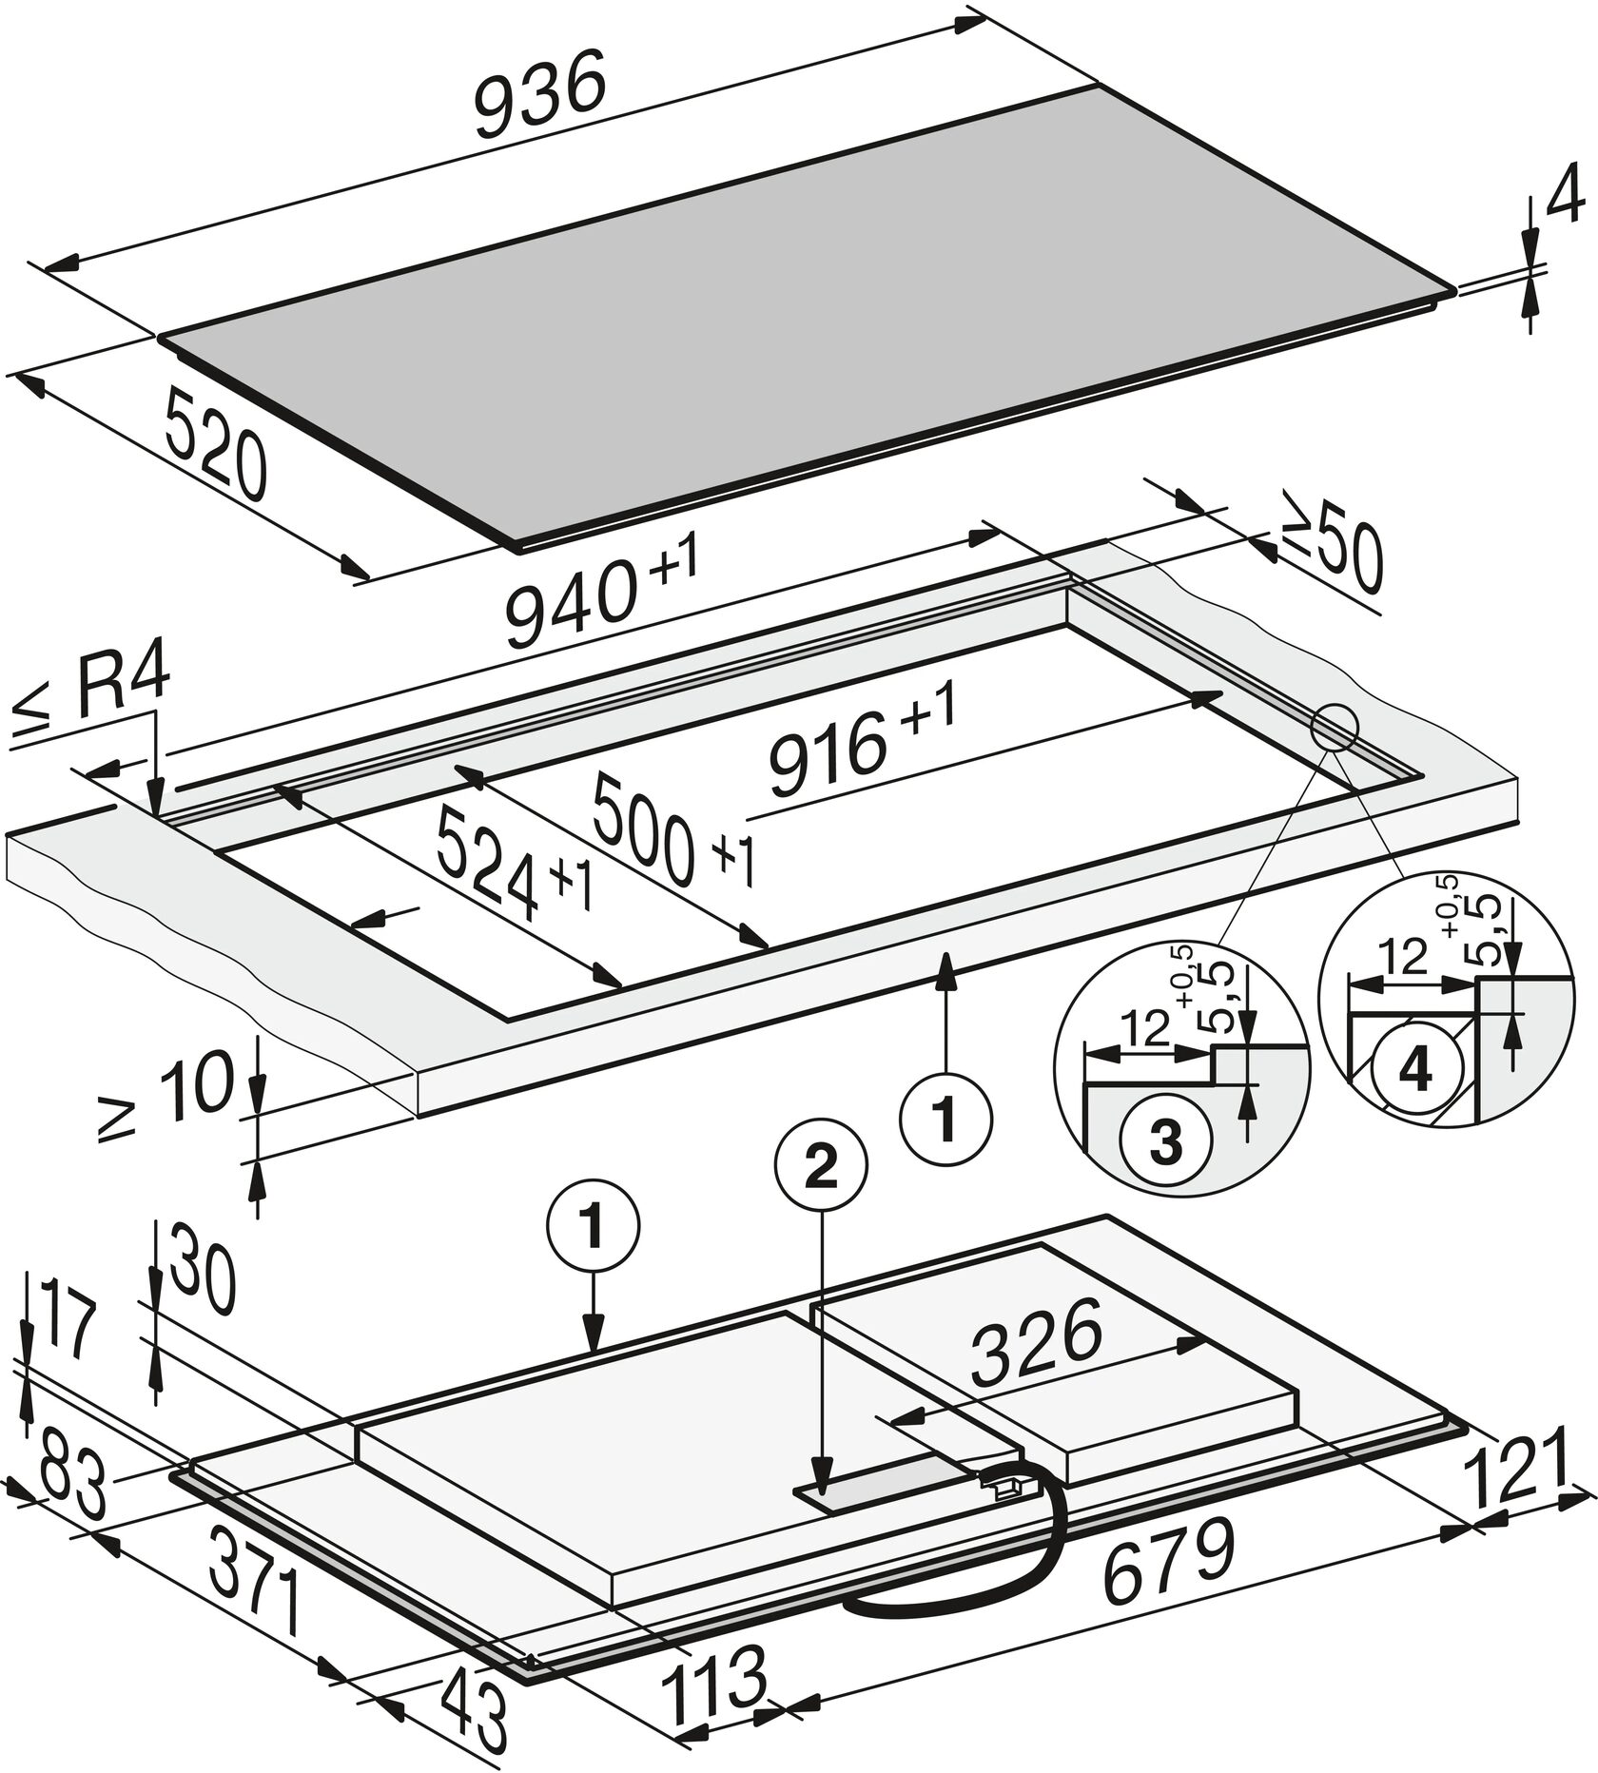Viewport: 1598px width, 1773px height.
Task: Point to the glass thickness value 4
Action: tap(1567, 199)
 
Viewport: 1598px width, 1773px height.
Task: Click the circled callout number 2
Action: tap(822, 1169)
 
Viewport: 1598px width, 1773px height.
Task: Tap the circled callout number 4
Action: tap(1415, 1072)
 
